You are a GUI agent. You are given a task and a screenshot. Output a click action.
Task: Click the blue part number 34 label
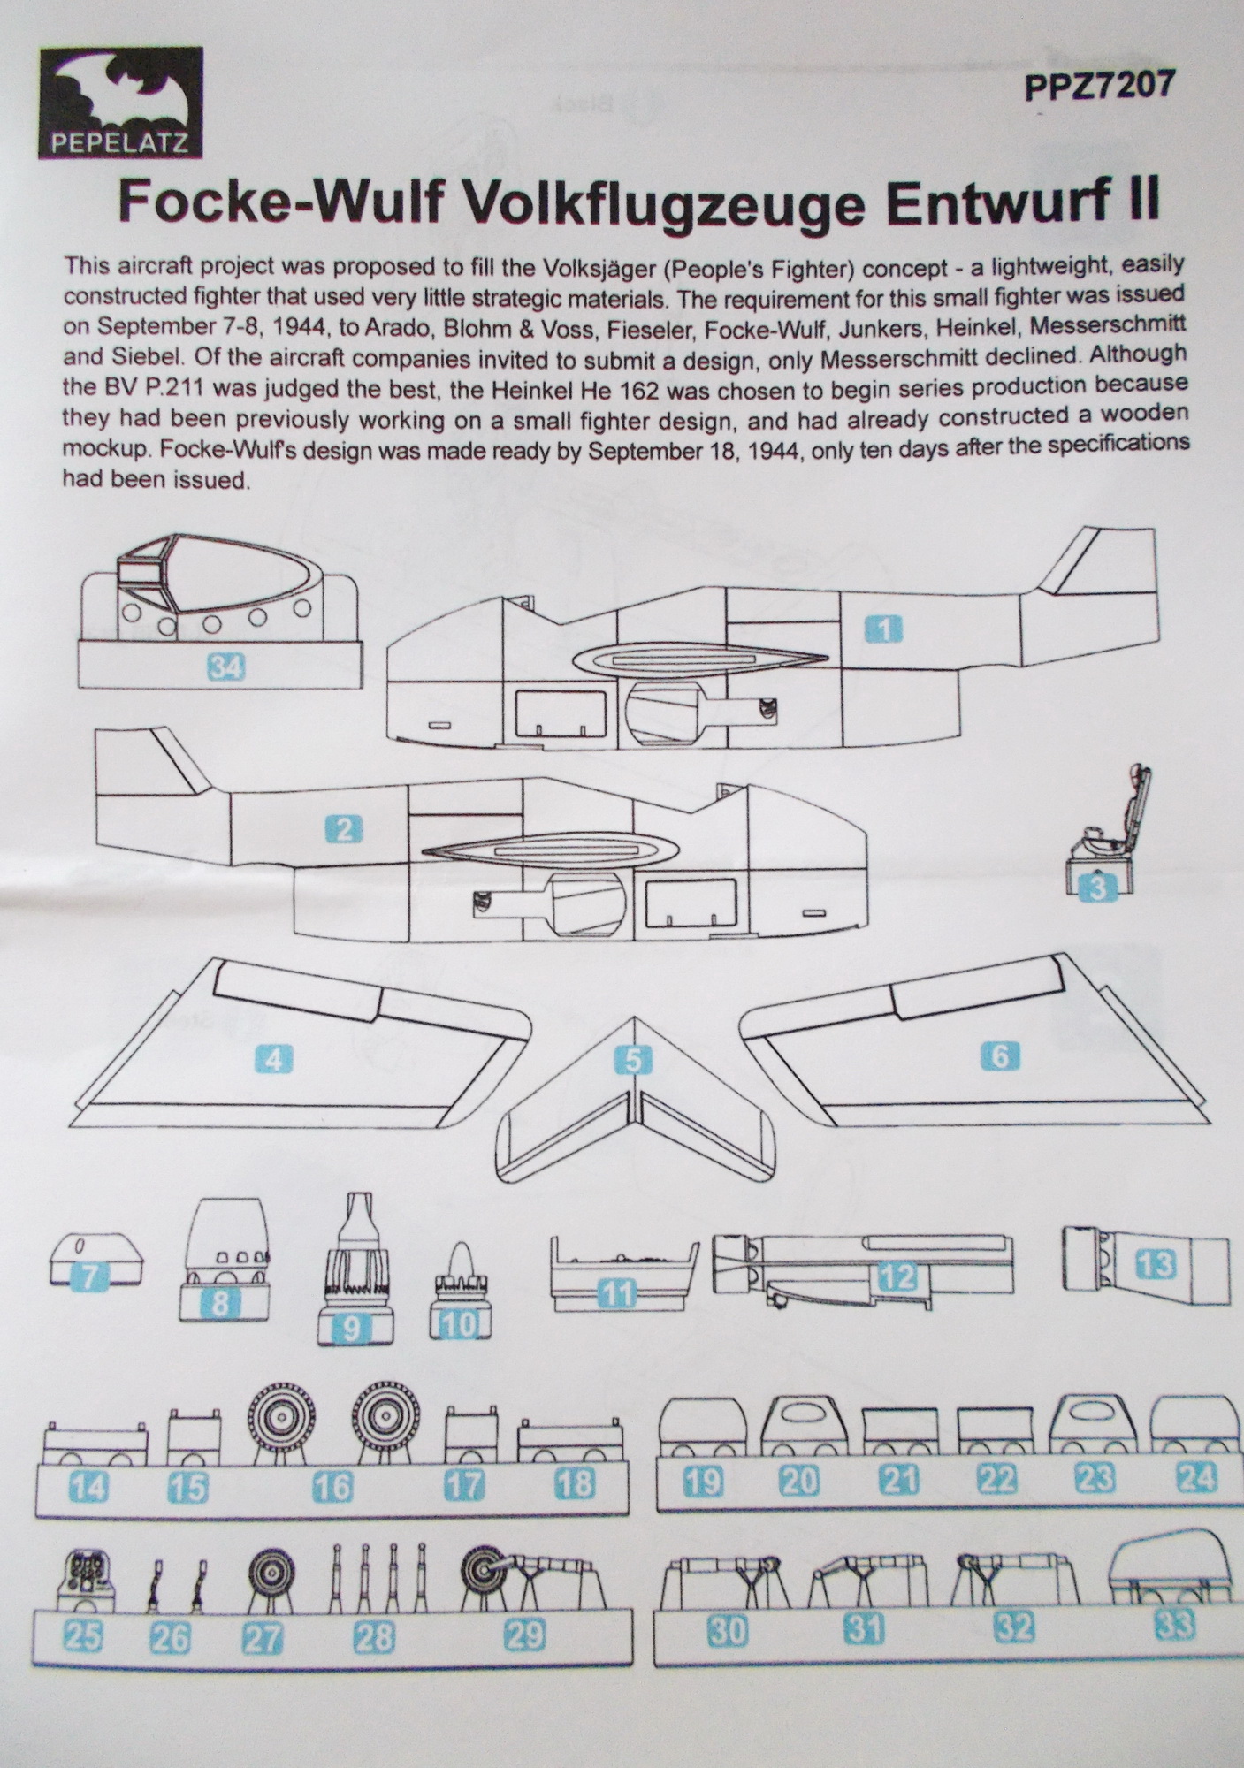[225, 667]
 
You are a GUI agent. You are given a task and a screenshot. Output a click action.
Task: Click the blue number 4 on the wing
[274, 1058]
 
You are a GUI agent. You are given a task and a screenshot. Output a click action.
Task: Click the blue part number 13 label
[1156, 1264]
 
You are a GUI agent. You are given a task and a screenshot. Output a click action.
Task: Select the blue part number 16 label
[333, 1487]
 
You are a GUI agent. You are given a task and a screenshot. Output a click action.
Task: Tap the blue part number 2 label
[344, 829]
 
